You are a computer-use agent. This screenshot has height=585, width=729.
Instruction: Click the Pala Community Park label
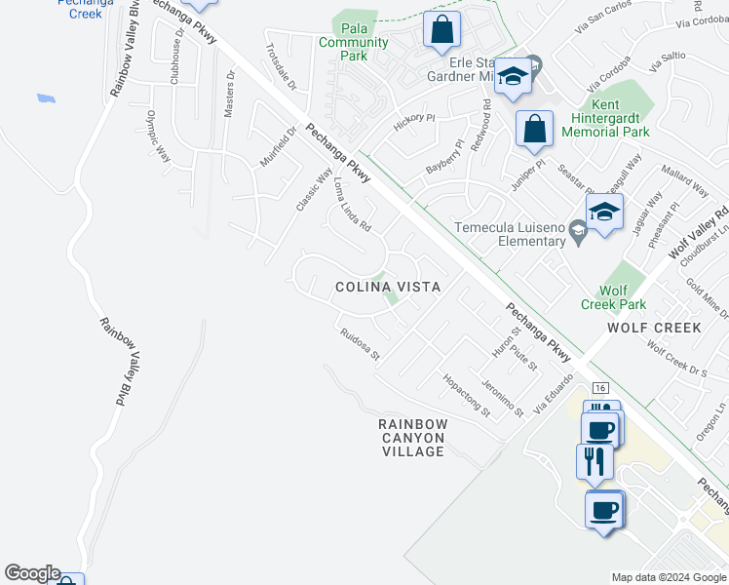353,43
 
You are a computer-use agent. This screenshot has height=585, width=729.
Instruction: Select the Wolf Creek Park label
614,297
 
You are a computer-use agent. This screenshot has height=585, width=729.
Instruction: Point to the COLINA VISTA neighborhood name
388,288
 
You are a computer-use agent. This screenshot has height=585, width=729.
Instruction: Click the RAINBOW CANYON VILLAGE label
413,438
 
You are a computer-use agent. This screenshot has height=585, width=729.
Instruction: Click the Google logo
32,573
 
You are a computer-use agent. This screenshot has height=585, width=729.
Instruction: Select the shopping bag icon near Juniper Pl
535,130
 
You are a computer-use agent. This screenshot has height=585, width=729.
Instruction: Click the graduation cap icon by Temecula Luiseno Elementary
604,211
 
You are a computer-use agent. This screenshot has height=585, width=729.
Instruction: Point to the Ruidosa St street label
360,345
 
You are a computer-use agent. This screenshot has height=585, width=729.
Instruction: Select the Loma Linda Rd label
353,204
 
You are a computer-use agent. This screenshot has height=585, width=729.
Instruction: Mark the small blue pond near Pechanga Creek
45,98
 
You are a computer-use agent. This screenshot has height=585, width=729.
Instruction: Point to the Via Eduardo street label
550,392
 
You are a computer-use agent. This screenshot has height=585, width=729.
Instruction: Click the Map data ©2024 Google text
669,577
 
